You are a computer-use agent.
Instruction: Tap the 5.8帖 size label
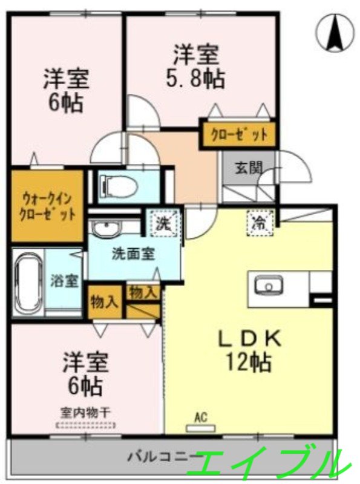pos(195,79)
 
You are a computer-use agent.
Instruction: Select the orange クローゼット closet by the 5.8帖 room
pos(238,135)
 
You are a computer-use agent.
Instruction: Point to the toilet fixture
pos(118,185)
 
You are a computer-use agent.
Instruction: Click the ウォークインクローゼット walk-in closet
pos(47,206)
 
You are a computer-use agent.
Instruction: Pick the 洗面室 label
pos(133,254)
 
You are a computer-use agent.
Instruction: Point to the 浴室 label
pos(64,281)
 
